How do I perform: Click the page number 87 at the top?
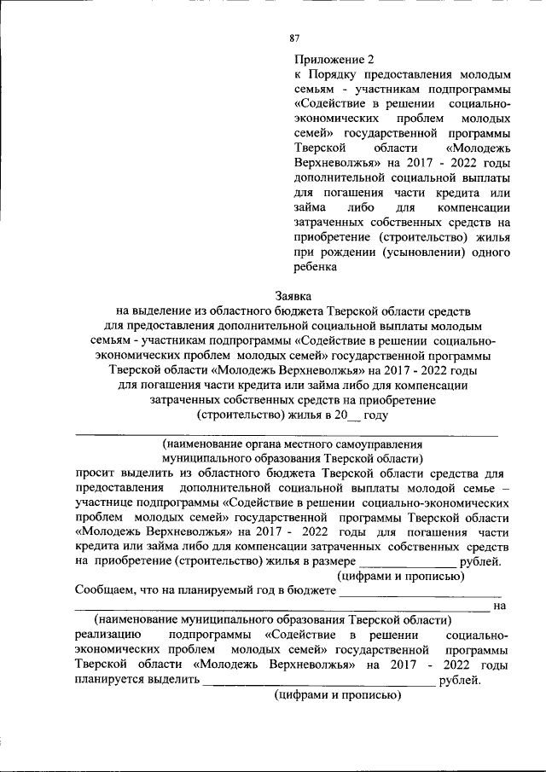tap(295, 37)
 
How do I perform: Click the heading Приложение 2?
tap(334, 60)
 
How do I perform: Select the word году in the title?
tap(376, 415)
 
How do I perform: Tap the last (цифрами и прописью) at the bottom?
tap(337, 695)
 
